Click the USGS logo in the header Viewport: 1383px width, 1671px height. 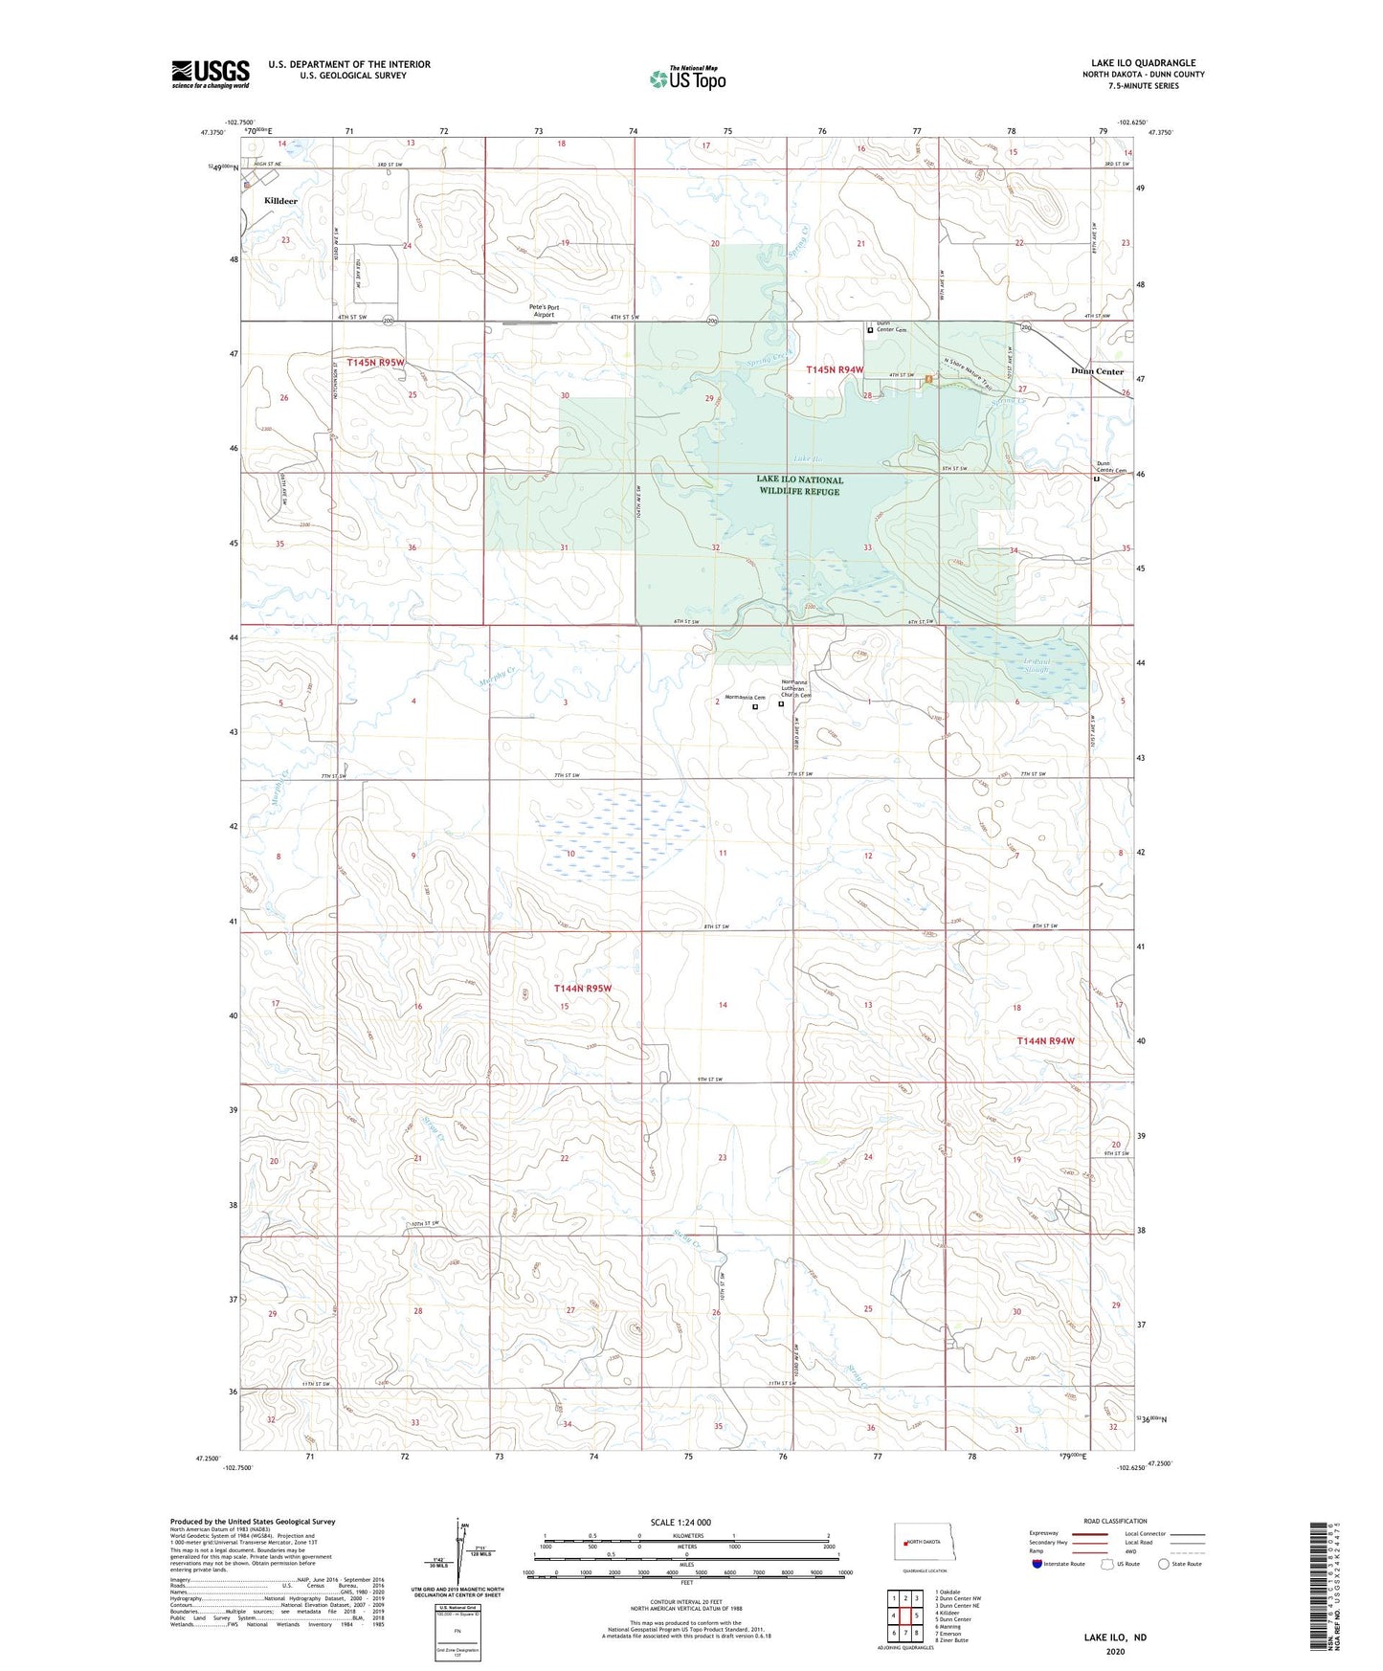(211, 73)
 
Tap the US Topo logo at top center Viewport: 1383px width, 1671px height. (686, 78)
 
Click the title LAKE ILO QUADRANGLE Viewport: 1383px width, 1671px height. (1143, 63)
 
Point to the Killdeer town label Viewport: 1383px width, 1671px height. (280, 201)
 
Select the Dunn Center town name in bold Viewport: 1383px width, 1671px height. (1097, 371)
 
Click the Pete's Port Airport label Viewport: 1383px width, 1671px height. (544, 311)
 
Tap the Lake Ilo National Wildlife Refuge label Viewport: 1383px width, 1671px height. (799, 485)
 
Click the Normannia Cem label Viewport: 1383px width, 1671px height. (745, 698)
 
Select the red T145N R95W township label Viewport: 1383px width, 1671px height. (376, 363)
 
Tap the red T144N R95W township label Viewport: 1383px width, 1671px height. (583, 988)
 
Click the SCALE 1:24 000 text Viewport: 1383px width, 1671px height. (680, 1522)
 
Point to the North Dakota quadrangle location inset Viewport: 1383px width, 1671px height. (922, 1543)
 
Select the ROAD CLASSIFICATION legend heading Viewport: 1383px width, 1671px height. (1115, 1521)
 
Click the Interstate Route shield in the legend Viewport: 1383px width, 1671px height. (1038, 1564)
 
